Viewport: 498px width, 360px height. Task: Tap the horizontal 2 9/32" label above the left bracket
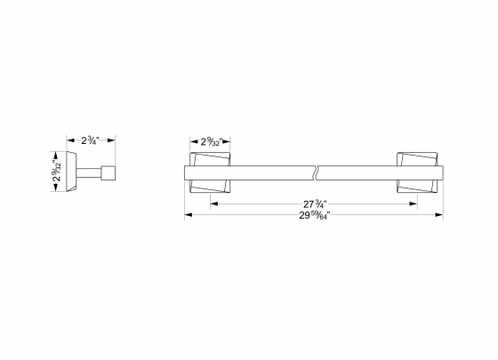210,140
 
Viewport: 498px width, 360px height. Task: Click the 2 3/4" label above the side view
92,140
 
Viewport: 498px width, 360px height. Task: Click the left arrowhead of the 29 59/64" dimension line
187,216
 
